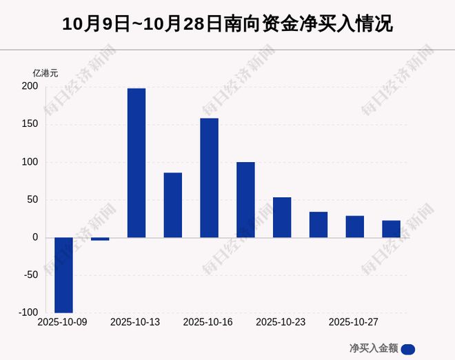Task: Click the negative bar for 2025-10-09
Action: coord(63,275)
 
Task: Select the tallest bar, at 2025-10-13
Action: coord(136,163)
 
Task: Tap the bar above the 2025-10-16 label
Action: coord(209,178)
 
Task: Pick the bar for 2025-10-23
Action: coord(282,217)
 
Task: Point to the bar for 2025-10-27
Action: coord(355,226)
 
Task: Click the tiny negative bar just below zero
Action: coord(100,239)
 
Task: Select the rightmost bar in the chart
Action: coord(392,229)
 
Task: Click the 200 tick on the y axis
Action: coord(30,87)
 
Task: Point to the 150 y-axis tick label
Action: coord(30,125)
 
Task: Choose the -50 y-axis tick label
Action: coord(30,275)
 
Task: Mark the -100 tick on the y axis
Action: coord(28,312)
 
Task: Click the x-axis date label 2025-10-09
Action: coord(62,323)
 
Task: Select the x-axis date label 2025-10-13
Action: coord(135,323)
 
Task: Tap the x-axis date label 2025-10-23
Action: coord(281,323)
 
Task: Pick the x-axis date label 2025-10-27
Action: coord(354,323)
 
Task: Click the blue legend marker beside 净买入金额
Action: coord(407,348)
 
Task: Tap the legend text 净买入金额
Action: coord(374,348)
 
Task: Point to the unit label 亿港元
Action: coord(46,72)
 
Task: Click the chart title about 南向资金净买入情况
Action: coord(228,25)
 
